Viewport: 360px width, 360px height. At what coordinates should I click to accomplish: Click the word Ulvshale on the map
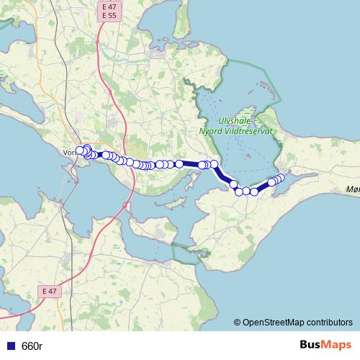[x=233, y=122]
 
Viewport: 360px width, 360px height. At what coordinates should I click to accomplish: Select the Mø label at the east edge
[x=352, y=189]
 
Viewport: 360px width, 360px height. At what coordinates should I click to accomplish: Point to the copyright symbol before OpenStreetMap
[x=237, y=323]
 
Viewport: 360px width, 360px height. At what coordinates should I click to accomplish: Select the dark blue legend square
[x=10, y=346]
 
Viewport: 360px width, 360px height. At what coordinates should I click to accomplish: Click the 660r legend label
[x=32, y=346]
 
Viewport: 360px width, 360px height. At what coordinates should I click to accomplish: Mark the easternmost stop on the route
[x=281, y=177]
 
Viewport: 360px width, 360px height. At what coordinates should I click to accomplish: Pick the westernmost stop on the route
[x=80, y=150]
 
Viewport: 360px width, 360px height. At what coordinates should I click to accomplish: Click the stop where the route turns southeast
[x=214, y=165]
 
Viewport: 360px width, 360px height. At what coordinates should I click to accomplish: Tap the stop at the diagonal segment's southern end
[x=234, y=185]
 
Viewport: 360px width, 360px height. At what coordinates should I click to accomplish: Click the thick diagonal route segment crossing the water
[x=224, y=175]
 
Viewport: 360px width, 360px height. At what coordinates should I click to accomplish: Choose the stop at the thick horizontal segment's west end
[x=179, y=164]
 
